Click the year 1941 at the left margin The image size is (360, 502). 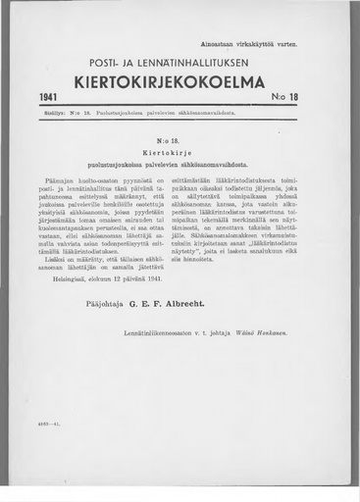51,99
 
